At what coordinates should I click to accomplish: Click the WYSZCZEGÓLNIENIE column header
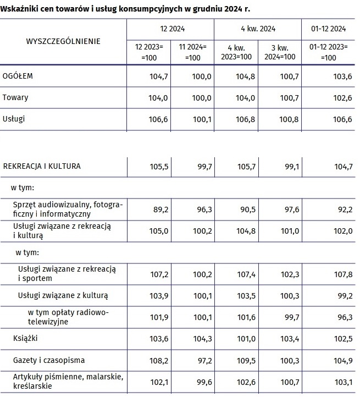click(x=63, y=41)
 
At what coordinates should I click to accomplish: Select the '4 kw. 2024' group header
click(x=258, y=29)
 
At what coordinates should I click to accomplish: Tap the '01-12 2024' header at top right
click(x=327, y=29)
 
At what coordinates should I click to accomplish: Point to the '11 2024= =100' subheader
click(x=192, y=52)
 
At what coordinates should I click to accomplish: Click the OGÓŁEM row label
click(x=18, y=76)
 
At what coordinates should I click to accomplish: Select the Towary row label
click(x=15, y=97)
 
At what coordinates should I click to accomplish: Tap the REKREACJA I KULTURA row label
click(x=42, y=166)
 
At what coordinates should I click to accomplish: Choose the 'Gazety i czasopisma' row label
click(x=48, y=360)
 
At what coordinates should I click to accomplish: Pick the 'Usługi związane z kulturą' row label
click(x=63, y=295)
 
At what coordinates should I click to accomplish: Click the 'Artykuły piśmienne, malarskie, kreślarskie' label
click(x=63, y=381)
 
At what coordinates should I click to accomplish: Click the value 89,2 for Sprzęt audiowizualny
click(x=159, y=209)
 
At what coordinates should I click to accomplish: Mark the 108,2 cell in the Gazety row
click(x=159, y=360)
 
